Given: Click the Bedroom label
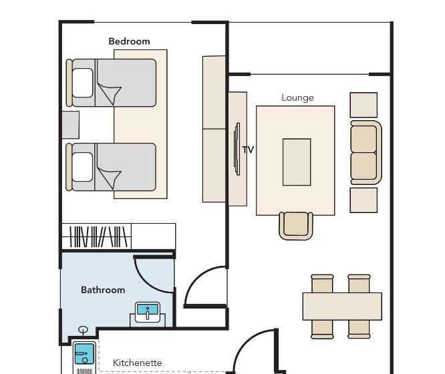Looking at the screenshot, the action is (x=129, y=41).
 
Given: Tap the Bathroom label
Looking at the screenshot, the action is (x=103, y=290).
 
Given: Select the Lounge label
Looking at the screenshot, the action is (x=297, y=98).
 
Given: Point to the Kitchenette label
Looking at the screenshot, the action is (x=138, y=363).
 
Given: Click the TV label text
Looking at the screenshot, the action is (x=248, y=150).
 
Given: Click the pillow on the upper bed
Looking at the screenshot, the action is (x=83, y=83).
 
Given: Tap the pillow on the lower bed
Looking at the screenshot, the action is (x=83, y=167).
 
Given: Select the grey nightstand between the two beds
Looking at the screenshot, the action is (x=71, y=125).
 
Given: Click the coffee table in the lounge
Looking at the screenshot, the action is (x=297, y=162).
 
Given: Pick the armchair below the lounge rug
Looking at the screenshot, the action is (x=296, y=226).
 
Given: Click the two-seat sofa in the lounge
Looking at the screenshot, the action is (x=365, y=152).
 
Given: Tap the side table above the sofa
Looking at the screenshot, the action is (x=363, y=105).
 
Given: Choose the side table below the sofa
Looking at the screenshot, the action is (x=363, y=200).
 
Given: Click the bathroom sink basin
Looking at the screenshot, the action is (x=147, y=312).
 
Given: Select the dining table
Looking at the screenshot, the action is (x=342, y=307).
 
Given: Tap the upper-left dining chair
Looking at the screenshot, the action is (x=322, y=283).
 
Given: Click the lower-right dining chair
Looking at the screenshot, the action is (x=359, y=329).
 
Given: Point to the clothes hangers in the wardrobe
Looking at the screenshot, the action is (x=98, y=236).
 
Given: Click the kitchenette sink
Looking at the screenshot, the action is (x=84, y=354).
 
